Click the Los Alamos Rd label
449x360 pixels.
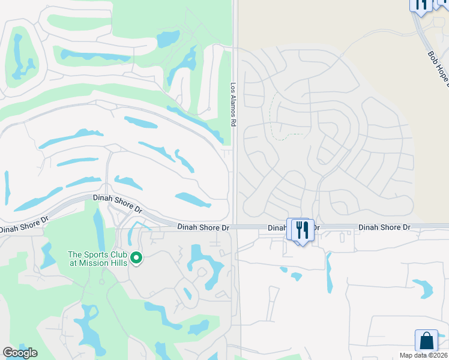233,104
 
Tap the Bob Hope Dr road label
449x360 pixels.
438,69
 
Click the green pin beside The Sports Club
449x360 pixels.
136,259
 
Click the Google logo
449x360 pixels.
19,353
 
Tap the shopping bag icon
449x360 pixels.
426,340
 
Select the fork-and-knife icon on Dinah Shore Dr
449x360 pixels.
303,230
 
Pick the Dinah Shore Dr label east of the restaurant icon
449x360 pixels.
384,227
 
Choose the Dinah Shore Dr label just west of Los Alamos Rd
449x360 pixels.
203,227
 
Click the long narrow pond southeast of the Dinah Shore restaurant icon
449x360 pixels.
328,272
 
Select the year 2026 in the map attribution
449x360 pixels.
439,355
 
